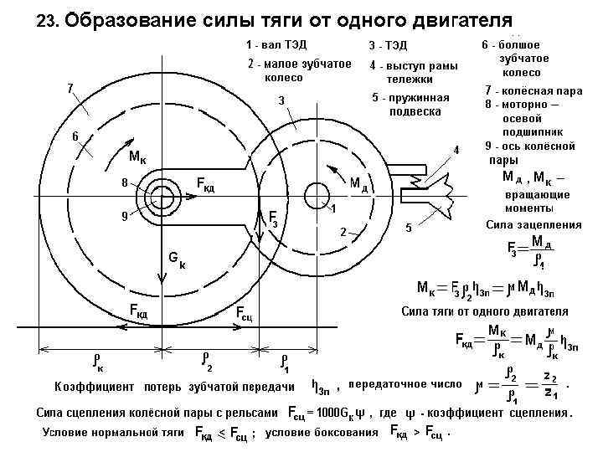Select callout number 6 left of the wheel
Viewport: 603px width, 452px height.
[x=75, y=136]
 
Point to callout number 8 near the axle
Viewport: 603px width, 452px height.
[x=123, y=182]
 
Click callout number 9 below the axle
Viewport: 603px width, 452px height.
[x=123, y=215]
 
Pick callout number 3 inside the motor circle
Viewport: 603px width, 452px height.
[x=282, y=101]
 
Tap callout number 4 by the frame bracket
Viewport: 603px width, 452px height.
[x=456, y=150]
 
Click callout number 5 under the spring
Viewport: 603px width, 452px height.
[x=408, y=227]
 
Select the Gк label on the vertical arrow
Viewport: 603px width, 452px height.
[x=176, y=260]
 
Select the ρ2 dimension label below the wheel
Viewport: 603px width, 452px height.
[x=208, y=361]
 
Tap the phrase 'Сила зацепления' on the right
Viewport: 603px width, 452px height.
[x=533, y=224]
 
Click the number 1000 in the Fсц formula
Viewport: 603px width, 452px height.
[x=323, y=413]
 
